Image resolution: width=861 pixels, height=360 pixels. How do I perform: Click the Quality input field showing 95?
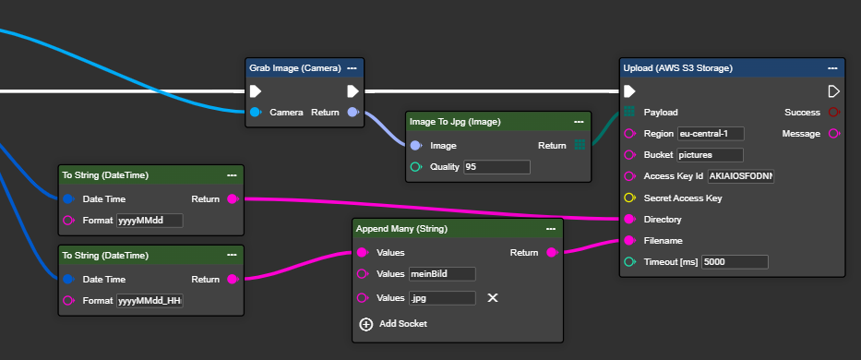(496, 166)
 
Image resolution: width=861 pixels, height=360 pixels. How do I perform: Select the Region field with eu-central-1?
(711, 134)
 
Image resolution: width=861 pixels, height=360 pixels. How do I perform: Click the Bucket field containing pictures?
(710, 155)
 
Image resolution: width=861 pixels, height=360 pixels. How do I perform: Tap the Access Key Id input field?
(741, 176)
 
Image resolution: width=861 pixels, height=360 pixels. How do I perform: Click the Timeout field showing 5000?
(735, 262)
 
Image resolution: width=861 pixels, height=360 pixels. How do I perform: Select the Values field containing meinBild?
(442, 274)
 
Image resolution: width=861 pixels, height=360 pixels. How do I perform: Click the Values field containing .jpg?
(442, 298)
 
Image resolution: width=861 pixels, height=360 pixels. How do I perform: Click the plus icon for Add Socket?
(365, 324)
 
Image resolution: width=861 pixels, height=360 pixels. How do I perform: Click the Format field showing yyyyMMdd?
(149, 221)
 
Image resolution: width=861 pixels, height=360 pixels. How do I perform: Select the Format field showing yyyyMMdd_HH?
(149, 301)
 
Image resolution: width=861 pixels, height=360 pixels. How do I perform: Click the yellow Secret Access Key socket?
(629, 198)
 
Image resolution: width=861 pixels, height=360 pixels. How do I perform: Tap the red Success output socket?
(833, 112)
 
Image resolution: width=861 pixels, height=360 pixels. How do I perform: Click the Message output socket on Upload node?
(833, 134)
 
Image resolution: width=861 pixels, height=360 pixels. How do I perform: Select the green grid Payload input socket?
(628, 112)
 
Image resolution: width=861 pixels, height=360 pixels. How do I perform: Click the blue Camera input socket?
(256, 112)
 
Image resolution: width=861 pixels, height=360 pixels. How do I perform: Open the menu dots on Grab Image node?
(352, 68)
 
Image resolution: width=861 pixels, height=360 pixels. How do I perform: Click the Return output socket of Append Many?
(552, 252)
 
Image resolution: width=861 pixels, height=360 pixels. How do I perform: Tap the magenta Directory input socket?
(629, 220)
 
